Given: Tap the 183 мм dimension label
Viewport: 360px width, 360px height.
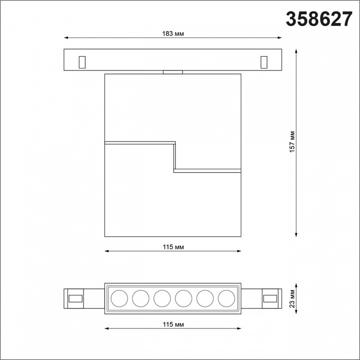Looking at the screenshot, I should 172,33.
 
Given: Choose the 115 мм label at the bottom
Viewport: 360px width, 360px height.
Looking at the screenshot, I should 172,325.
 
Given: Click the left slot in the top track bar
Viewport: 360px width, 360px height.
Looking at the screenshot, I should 82,61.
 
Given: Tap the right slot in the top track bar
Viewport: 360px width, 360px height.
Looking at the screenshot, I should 263,61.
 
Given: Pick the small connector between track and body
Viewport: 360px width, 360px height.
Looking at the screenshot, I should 172,72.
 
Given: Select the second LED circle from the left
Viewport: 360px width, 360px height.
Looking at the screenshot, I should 140,298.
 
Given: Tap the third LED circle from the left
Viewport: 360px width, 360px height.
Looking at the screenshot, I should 161,298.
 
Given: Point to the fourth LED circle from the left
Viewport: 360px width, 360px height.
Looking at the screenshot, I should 183,298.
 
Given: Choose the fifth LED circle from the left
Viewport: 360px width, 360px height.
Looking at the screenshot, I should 204,298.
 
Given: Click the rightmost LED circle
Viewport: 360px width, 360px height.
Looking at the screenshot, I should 226,298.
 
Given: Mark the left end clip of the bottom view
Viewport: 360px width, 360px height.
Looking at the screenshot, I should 75,298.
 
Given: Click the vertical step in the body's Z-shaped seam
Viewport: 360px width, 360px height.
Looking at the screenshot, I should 174,156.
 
